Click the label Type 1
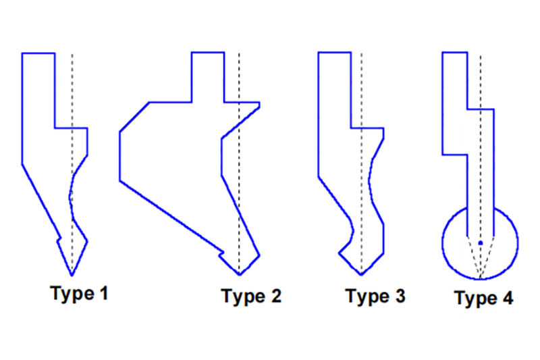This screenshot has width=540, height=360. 79,294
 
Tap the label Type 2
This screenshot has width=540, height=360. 251,297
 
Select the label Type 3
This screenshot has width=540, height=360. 375,297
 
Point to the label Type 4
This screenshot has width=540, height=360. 484,298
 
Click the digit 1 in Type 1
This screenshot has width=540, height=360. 104,293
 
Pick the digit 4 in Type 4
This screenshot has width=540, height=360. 508,298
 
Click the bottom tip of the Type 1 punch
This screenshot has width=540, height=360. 72,276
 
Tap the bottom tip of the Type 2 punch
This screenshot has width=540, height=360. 240,275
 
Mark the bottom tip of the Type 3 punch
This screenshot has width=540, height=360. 361,275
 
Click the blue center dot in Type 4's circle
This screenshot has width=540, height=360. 481,243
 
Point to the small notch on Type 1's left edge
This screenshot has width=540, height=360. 59,238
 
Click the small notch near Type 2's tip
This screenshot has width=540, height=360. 221,254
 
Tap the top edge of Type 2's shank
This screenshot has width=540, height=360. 208,53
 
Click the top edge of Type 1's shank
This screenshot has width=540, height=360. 38,53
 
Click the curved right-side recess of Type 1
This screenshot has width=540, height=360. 70,197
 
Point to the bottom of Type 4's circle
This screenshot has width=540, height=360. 480,278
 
